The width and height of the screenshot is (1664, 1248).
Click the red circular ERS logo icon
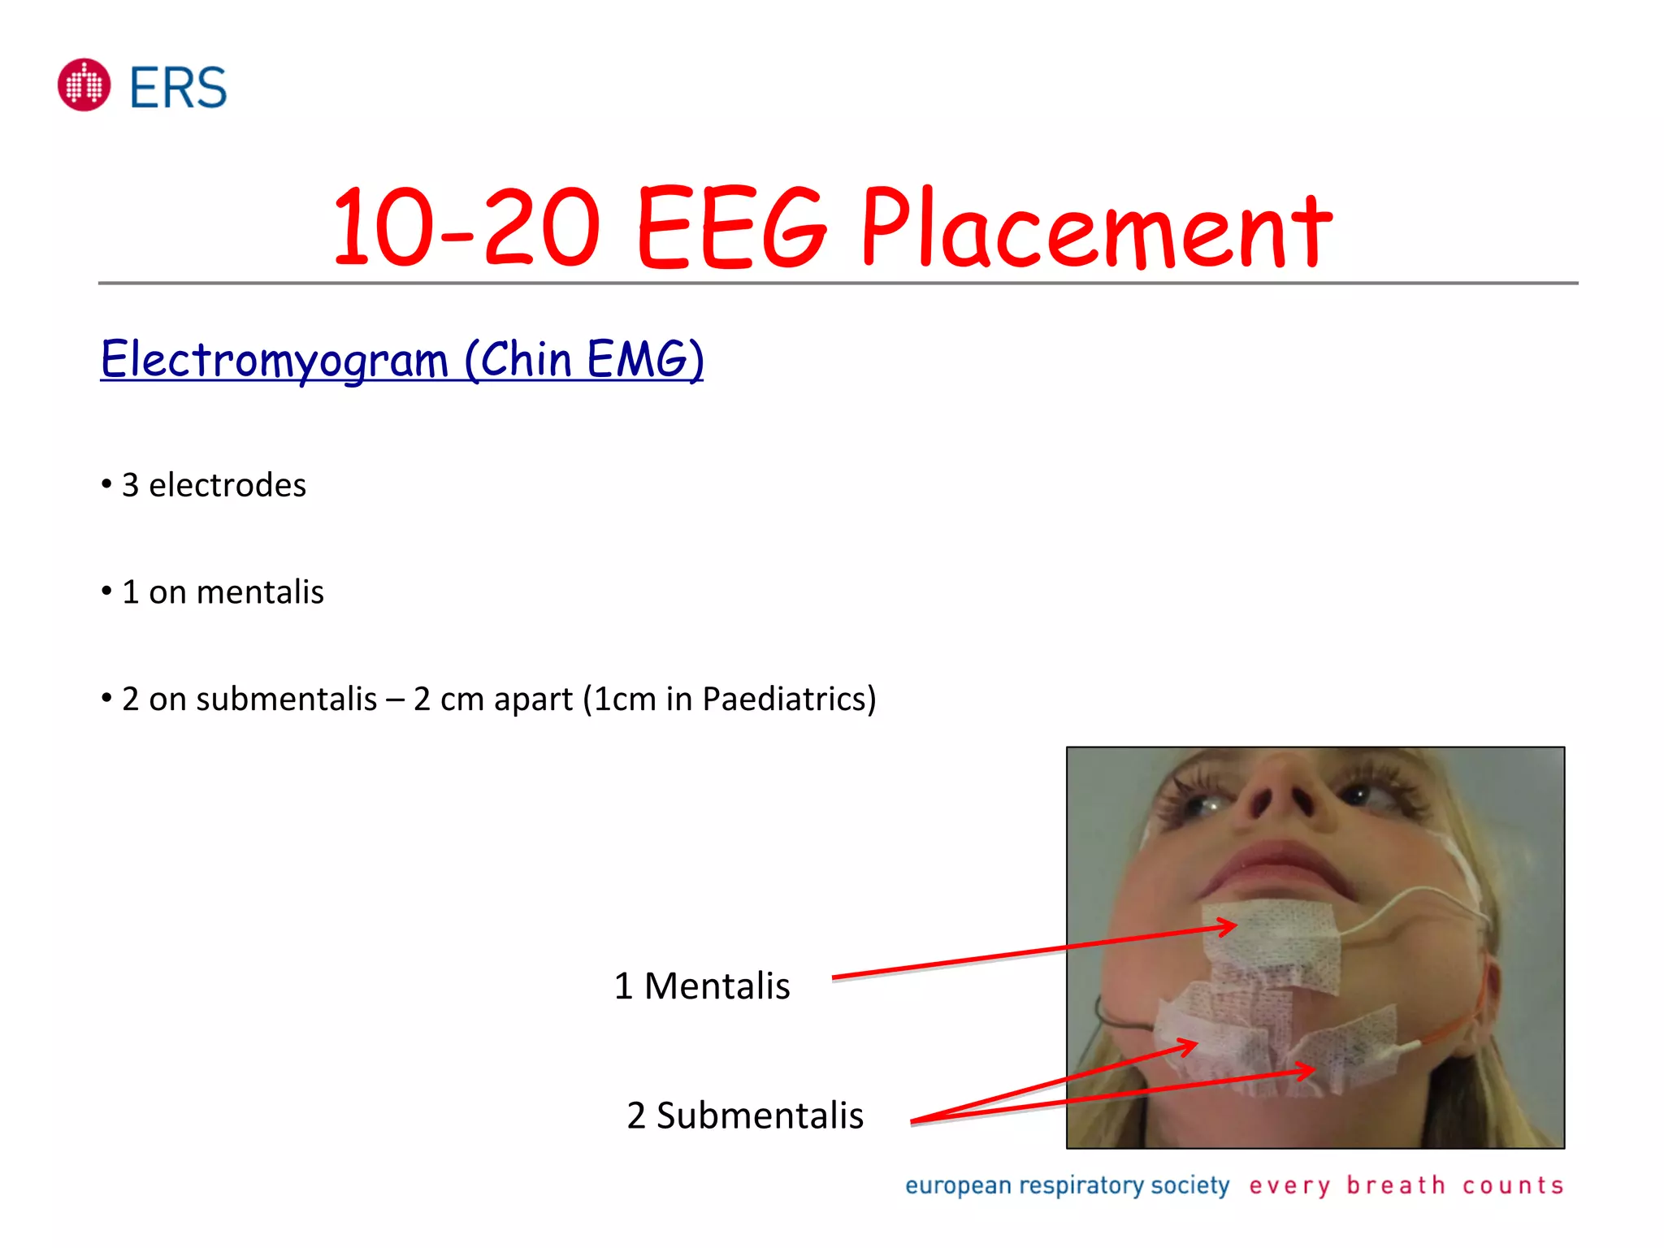[x=84, y=85]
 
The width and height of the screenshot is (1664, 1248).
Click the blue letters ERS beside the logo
[x=178, y=88]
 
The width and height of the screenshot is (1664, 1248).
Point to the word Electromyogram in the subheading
[x=275, y=359]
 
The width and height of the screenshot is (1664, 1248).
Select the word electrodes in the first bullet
[x=227, y=485]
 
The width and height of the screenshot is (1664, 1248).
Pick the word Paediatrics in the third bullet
[x=789, y=700]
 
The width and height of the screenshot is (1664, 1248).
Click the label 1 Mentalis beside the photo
[x=702, y=986]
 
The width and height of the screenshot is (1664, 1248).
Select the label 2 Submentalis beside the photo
[x=745, y=1116]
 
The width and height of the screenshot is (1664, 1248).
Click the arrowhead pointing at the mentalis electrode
[x=1228, y=926]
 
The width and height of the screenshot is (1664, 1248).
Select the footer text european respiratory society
[x=1067, y=1185]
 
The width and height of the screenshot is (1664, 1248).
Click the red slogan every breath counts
[x=1406, y=1185]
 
